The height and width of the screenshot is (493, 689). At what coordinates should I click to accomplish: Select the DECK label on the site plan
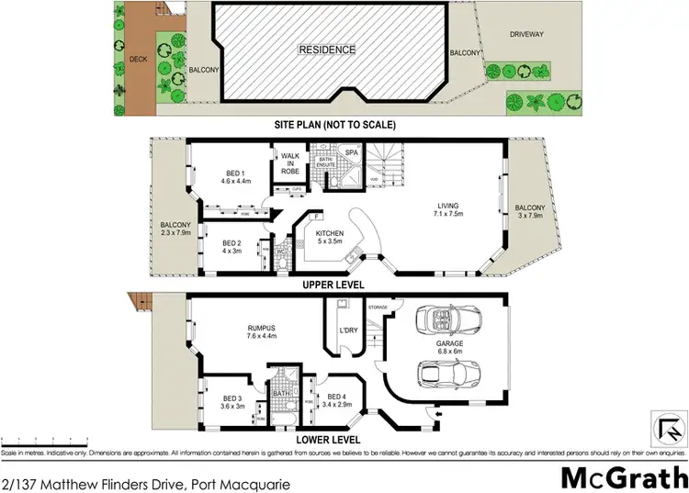click(139, 59)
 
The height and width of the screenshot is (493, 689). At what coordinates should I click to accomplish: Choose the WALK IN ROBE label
click(291, 163)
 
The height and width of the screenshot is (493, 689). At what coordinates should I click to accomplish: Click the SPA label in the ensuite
click(351, 152)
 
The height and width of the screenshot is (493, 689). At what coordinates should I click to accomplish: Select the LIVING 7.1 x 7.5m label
click(448, 210)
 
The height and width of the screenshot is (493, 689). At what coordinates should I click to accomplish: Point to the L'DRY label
click(347, 330)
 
